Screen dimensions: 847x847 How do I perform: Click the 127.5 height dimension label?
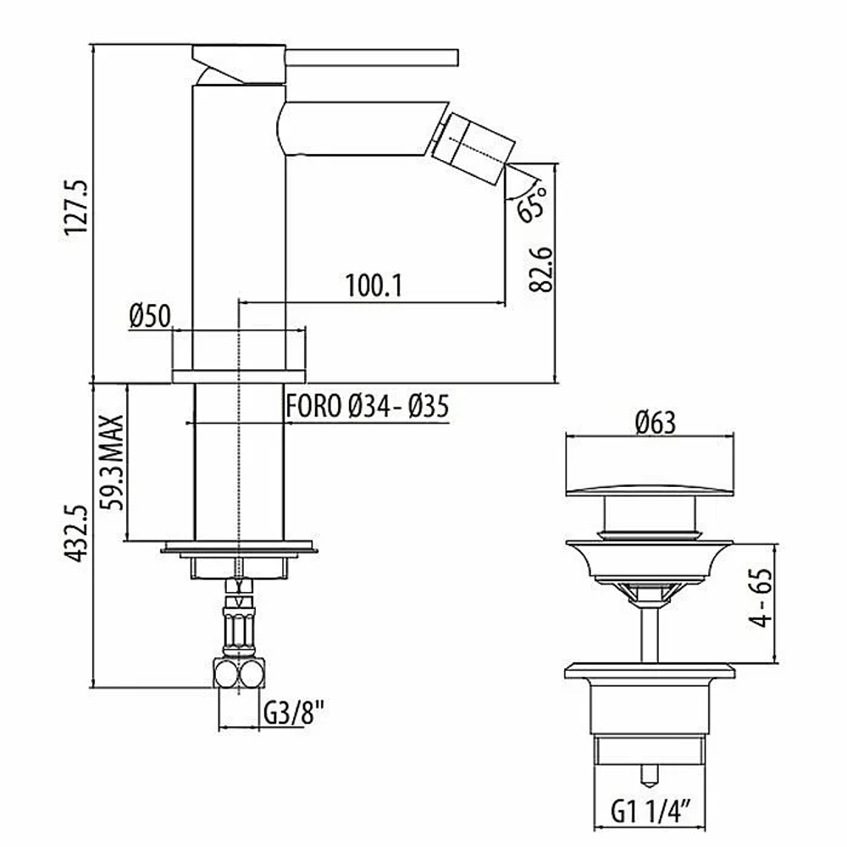[76, 208]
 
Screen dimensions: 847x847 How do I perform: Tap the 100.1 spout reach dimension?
[374, 285]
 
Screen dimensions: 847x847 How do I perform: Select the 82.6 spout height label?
[540, 269]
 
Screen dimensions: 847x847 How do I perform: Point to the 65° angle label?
[532, 203]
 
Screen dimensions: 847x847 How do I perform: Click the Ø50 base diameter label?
[150, 316]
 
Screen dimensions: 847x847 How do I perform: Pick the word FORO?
[314, 407]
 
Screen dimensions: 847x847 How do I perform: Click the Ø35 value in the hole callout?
[429, 407]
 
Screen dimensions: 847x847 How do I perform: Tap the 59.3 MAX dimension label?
[113, 462]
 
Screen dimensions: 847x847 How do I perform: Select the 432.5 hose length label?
[75, 534]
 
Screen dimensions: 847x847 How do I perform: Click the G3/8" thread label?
[294, 713]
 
